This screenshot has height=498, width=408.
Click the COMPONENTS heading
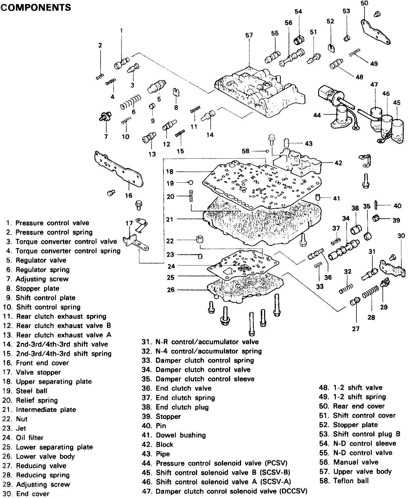pyautogui.click(x=36, y=7)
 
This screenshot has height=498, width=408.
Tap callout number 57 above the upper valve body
pyautogui.click(x=249, y=35)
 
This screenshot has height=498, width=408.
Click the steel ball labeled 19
pyautogui.click(x=190, y=182)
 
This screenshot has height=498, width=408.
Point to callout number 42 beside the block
pyautogui.click(x=338, y=163)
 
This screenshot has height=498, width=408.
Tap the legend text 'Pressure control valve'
pyautogui.click(x=52, y=223)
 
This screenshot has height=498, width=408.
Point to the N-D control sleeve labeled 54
pyautogui.click(x=298, y=40)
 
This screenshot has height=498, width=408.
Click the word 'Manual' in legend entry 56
pyautogui.click(x=346, y=462)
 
